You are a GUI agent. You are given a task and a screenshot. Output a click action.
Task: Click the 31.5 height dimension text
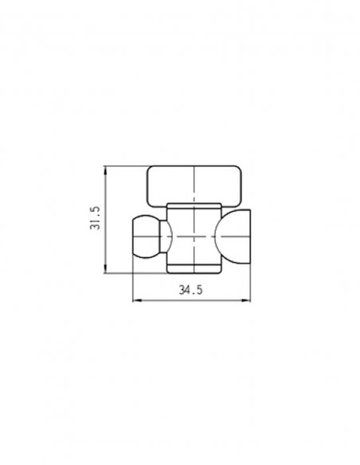click(x=96, y=218)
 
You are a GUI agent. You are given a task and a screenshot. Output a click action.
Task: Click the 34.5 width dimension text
click(x=190, y=290)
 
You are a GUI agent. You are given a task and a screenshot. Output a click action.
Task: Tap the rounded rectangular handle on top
click(x=194, y=186)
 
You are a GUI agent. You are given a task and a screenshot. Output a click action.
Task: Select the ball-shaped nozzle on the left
click(x=146, y=236)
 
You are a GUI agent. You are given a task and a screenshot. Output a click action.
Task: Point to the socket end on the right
click(x=234, y=236)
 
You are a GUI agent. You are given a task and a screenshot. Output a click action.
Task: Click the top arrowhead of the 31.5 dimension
click(x=106, y=170)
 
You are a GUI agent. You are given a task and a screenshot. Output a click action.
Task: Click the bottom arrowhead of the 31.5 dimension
click(x=106, y=268)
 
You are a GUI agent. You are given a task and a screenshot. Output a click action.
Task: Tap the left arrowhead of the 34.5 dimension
click(x=137, y=300)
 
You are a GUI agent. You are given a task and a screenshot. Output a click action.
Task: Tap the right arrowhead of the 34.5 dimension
click(x=246, y=300)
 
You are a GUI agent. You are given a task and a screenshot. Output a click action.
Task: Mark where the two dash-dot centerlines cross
click(x=194, y=236)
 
